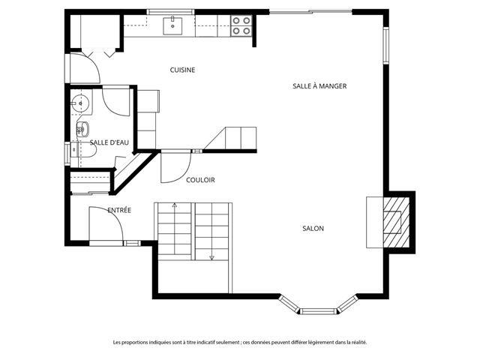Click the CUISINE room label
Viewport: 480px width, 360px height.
click(x=182, y=70)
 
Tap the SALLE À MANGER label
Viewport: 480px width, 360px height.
click(x=319, y=86)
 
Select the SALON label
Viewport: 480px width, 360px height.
click(x=313, y=228)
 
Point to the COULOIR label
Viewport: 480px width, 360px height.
click(x=200, y=180)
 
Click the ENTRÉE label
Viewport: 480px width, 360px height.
click(x=119, y=210)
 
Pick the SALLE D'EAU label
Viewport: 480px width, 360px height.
click(x=109, y=142)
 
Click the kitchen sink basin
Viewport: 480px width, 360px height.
click(x=172, y=26)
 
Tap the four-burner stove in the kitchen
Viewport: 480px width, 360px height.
click(x=241, y=25)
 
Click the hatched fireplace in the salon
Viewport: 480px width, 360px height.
click(x=397, y=222)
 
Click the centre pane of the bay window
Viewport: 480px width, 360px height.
click(x=318, y=311)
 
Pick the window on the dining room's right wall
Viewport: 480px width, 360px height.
click(x=386, y=46)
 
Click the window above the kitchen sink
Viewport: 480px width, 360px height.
click(x=171, y=12)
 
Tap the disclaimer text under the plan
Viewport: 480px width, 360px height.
click(x=240, y=342)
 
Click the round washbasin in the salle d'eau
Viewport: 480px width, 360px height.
click(x=80, y=103)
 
